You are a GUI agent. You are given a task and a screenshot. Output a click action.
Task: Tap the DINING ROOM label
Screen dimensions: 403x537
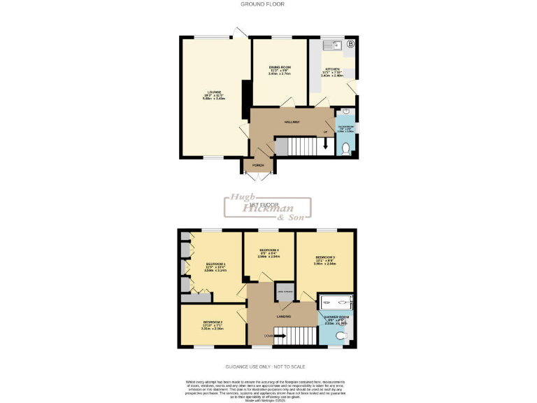click(279, 67)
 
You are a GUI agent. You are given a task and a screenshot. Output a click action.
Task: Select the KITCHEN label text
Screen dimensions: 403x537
click(331, 69)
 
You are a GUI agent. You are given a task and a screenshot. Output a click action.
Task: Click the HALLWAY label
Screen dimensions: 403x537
click(292, 122)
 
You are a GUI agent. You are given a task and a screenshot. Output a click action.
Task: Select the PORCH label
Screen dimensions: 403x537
click(257, 166)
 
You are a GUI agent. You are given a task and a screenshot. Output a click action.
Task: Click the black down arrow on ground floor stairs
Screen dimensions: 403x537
click(324, 146)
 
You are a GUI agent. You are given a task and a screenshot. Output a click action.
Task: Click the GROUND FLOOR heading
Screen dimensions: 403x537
click(262, 4)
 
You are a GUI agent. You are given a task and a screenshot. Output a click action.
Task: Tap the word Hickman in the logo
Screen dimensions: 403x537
click(267, 208)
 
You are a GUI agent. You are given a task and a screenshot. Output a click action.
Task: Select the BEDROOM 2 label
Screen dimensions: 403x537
click(211, 325)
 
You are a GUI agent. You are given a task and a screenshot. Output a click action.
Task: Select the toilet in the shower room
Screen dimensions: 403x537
click(340, 337)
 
